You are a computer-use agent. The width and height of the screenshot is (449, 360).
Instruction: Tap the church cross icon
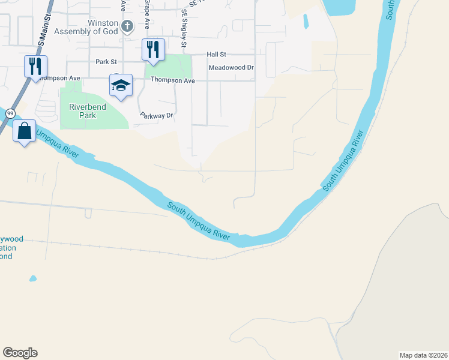[127, 26]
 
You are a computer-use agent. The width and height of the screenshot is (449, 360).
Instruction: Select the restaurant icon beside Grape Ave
[153, 50]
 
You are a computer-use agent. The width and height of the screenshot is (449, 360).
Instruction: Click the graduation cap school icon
[120, 85]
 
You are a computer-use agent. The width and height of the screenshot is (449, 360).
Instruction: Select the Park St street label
[106, 62]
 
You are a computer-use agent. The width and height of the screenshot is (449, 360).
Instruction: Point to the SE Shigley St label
[184, 28]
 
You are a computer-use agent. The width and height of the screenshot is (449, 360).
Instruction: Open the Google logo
[20, 353]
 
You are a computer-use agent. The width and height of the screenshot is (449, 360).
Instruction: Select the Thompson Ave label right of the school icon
[173, 80]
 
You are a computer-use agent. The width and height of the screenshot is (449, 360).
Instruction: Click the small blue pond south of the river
[32, 278]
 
